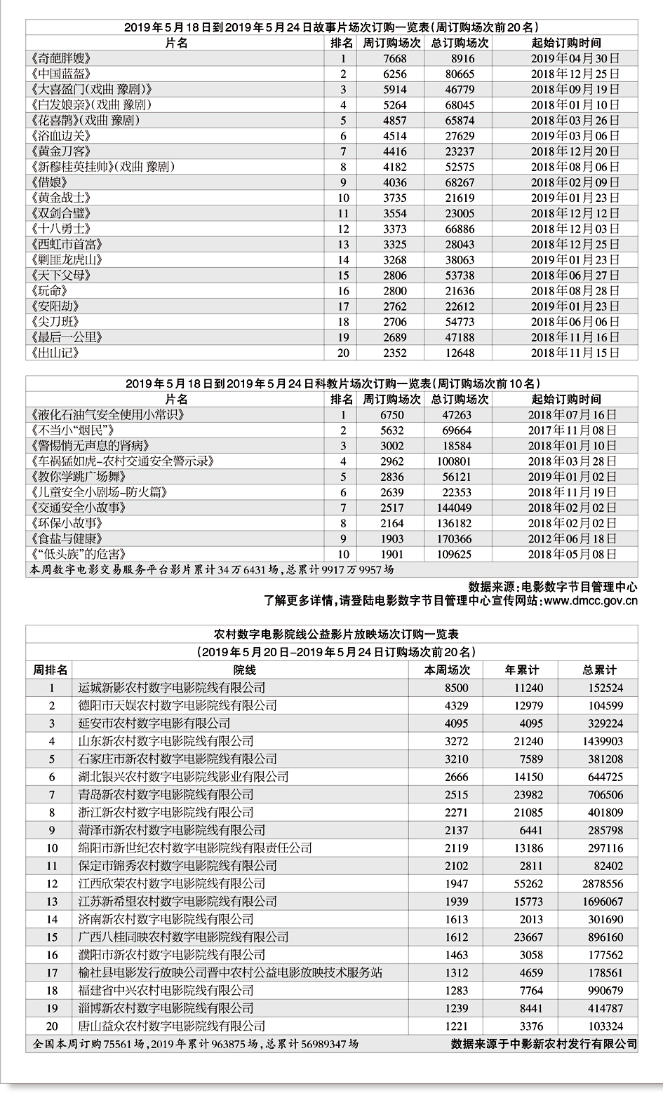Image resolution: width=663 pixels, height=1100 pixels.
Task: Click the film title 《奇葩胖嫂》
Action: (x=62, y=59)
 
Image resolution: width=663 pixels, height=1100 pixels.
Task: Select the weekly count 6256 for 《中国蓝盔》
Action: (x=394, y=74)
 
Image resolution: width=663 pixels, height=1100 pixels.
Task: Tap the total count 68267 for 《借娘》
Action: (x=460, y=182)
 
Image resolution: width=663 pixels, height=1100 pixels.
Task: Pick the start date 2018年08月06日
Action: (x=575, y=167)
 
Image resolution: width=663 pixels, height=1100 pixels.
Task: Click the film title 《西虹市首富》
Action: (x=67, y=245)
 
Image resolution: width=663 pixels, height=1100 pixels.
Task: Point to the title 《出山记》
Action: (x=55, y=353)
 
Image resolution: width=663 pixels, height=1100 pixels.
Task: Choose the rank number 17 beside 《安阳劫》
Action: (x=343, y=306)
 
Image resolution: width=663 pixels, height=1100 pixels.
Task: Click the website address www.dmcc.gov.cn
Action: (x=591, y=601)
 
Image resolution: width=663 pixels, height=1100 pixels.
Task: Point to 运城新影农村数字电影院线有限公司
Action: (x=172, y=688)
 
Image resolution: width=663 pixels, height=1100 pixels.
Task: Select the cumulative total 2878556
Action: (x=602, y=884)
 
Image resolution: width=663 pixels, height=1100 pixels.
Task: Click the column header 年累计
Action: (x=522, y=670)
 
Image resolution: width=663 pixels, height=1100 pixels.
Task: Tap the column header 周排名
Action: (x=51, y=670)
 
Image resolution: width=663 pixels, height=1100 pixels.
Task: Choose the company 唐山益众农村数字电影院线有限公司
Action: (x=172, y=1026)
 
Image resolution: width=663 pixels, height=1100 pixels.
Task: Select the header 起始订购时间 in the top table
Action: (x=565, y=43)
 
